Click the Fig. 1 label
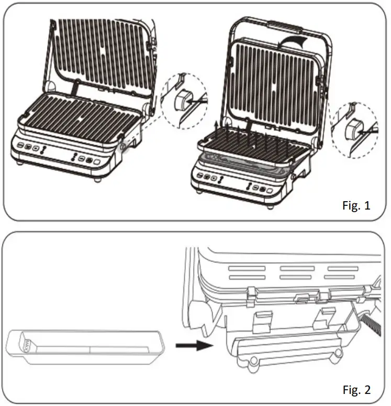click(x=356, y=205)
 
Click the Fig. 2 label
click(x=356, y=390)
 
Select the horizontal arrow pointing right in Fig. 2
click(x=194, y=345)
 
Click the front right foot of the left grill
click(x=97, y=180)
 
